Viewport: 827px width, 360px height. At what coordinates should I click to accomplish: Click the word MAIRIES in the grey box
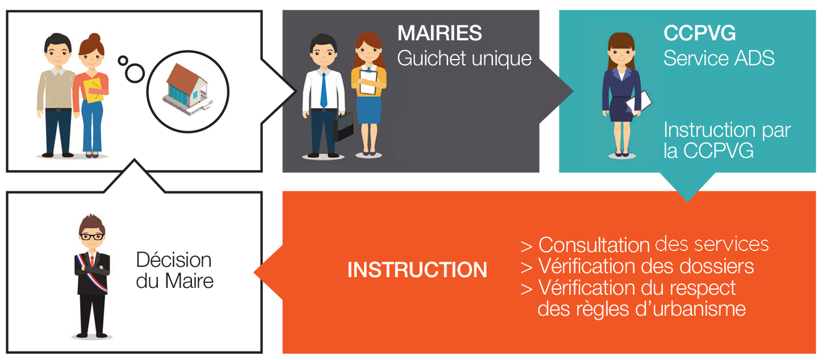[x=440, y=34]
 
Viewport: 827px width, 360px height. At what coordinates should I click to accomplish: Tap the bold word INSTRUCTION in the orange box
[x=417, y=270]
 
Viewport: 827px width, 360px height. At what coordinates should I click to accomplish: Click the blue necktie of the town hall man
[x=324, y=90]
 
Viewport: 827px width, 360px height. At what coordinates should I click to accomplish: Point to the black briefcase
[x=343, y=126]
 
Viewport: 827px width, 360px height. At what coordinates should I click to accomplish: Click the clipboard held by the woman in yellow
[x=369, y=82]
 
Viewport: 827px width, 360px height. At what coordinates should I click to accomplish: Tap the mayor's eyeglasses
[x=92, y=237]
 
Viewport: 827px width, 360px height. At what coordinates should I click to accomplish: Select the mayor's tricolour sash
[x=91, y=273]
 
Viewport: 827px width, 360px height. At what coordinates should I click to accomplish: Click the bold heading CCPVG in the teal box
[x=700, y=34]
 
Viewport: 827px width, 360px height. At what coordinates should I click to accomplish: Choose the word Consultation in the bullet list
[x=594, y=245]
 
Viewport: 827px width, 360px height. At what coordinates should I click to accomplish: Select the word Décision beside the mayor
[x=174, y=260]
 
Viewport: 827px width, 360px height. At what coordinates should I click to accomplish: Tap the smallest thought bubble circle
[x=123, y=61]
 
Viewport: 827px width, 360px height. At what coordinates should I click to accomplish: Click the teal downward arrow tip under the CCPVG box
[x=687, y=201]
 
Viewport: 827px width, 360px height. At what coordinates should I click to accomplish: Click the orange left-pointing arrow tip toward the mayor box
[x=254, y=273]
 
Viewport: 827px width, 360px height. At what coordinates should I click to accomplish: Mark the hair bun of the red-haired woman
[x=95, y=37]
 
